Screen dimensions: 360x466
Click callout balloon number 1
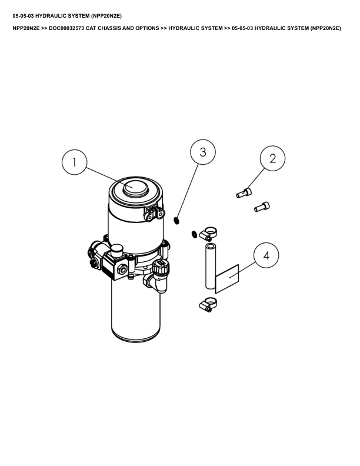coord(75,162)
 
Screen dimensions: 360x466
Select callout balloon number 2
coord(272,158)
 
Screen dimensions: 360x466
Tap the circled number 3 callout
coord(203,152)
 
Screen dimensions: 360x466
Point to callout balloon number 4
coord(266,255)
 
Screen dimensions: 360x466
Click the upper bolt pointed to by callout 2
coord(244,193)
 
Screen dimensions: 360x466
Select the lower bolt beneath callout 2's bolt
coord(262,207)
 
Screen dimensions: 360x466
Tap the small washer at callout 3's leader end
coord(176,221)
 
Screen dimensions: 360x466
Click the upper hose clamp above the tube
coord(208,234)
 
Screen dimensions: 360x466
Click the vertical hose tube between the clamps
coord(211,266)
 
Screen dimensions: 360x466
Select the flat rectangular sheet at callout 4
coord(227,279)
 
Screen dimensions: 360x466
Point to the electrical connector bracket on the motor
coord(154,214)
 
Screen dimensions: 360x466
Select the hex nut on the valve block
coord(122,269)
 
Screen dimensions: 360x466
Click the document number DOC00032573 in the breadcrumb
coord(66,28)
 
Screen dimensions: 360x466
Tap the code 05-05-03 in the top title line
coord(23,16)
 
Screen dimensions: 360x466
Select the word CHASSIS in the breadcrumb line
coord(109,28)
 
